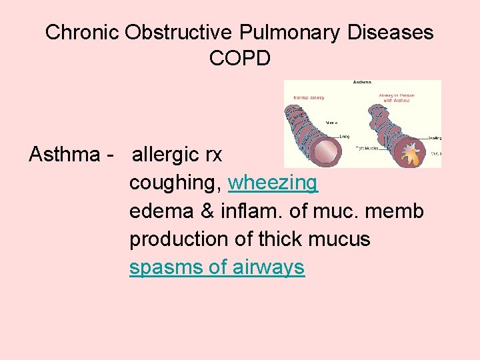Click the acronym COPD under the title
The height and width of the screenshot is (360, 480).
[x=240, y=58]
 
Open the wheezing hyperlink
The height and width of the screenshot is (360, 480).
[x=273, y=183]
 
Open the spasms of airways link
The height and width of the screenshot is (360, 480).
[x=217, y=268]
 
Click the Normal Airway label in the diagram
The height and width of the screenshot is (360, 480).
[x=309, y=98]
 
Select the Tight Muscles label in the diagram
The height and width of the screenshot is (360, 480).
[x=367, y=148]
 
